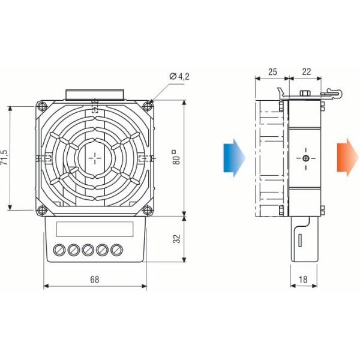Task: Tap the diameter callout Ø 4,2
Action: (179, 77)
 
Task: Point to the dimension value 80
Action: (174, 158)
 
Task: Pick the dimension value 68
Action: (95, 280)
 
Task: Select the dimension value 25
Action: (272, 72)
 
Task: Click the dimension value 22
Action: (307, 72)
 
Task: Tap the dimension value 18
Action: (304, 280)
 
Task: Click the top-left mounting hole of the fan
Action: (41, 107)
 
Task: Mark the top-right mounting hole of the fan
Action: (148, 107)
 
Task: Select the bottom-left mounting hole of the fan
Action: (41, 209)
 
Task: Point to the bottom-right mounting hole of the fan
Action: (148, 209)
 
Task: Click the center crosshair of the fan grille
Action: (95, 158)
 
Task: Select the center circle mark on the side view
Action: (306, 158)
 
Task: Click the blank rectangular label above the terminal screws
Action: (94, 229)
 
